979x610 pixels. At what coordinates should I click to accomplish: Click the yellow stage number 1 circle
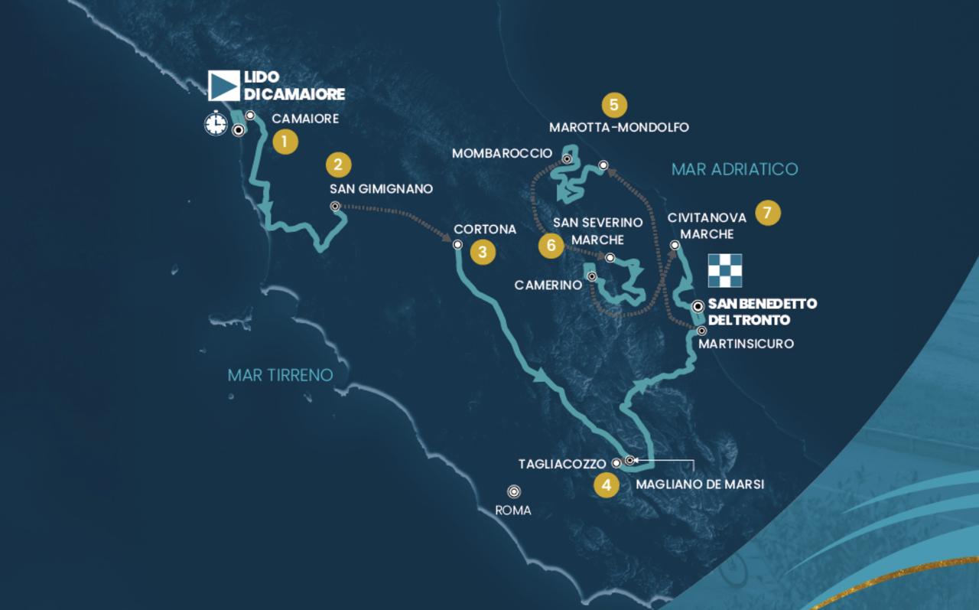click(285, 142)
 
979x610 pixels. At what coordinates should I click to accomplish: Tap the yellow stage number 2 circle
click(338, 165)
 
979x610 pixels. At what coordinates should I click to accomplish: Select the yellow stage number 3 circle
click(483, 252)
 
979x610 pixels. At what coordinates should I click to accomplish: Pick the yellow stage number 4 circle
click(607, 484)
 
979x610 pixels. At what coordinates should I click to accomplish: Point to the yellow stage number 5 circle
click(614, 104)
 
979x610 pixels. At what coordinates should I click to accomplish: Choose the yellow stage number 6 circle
click(550, 245)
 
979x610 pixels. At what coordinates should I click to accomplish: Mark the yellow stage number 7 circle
click(768, 213)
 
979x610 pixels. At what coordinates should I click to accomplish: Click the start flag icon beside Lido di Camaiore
click(224, 86)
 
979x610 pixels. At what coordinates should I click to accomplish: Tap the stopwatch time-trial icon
click(216, 123)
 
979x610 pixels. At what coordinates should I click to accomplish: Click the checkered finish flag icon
click(724, 269)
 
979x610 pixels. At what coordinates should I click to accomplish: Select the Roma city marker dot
click(514, 491)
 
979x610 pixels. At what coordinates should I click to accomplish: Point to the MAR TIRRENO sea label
click(280, 375)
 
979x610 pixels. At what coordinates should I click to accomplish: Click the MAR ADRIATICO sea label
click(734, 169)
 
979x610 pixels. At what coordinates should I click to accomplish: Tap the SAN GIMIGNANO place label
click(381, 189)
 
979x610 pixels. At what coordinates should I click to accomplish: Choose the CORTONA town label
click(485, 229)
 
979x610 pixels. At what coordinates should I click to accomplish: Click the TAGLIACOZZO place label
click(562, 464)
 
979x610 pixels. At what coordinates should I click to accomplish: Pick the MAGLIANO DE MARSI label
click(700, 484)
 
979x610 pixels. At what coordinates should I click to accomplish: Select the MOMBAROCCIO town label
click(502, 154)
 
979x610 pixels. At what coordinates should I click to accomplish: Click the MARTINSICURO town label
click(746, 344)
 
